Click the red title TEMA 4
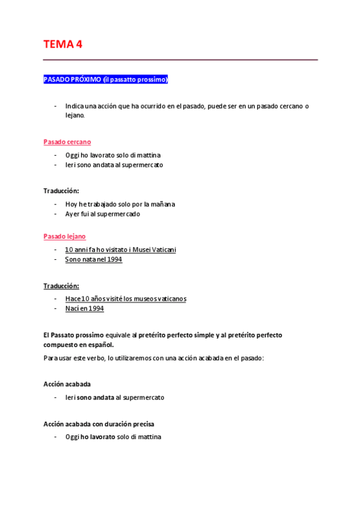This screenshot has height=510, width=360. [x=63, y=44]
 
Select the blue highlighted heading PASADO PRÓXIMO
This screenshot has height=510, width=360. [x=106, y=79]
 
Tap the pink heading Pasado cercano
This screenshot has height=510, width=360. [x=67, y=142]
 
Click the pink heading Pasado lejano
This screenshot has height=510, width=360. [x=64, y=236]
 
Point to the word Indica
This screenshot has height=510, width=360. [x=75, y=106]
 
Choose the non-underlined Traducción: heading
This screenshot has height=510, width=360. [x=61, y=191]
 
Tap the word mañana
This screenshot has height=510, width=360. [x=162, y=204]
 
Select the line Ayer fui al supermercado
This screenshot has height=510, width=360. [x=102, y=214]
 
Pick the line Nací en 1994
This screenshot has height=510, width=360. [x=84, y=308]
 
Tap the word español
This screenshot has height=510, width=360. [x=100, y=345]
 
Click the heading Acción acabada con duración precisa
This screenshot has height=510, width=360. [x=94, y=424]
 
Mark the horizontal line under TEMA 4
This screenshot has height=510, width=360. [x=180, y=60]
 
